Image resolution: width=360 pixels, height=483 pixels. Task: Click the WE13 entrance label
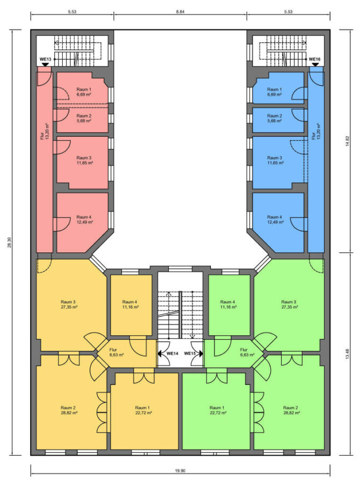tap(45, 59)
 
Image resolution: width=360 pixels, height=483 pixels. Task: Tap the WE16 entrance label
tap(315, 59)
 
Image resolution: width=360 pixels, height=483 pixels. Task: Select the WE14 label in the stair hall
tap(172, 354)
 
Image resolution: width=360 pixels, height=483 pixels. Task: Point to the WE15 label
tap(190, 354)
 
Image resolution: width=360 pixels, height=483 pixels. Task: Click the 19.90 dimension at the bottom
tap(180, 471)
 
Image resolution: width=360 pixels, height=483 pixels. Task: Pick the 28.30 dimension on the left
tap(10, 243)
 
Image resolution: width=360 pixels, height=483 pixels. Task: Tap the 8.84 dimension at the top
tap(180, 12)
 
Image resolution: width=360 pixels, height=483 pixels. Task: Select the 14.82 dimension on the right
tap(348, 141)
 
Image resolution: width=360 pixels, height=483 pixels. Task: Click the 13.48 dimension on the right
tap(348, 354)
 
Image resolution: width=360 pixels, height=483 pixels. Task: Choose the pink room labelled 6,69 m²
tap(84, 92)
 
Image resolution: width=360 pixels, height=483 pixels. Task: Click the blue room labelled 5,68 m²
tap(274, 118)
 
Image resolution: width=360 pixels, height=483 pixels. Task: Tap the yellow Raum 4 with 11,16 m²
tap(130, 304)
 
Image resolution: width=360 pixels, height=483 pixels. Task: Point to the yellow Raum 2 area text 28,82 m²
tap(69, 413)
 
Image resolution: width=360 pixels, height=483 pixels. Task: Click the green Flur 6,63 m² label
tap(247, 352)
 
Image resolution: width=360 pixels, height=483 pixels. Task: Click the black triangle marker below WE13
tap(45, 64)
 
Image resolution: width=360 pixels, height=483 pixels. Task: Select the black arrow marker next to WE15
tap(201, 354)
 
